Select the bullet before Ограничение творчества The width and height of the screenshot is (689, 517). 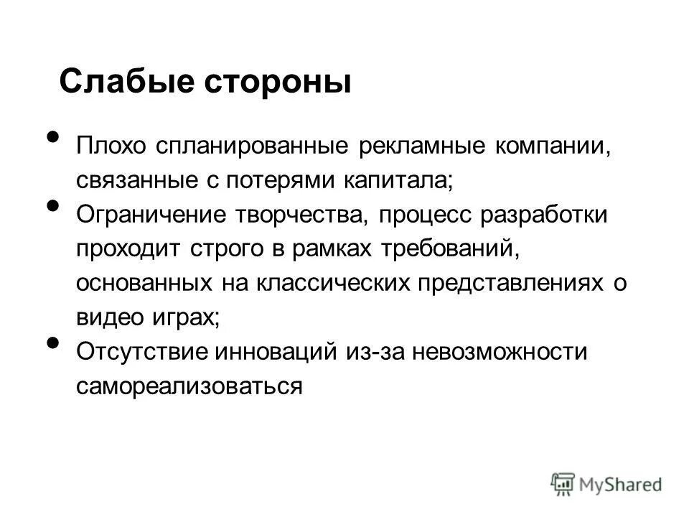[x=53, y=205]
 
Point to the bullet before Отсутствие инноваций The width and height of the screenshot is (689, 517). [x=53, y=343]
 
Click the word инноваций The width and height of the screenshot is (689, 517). [x=280, y=352]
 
